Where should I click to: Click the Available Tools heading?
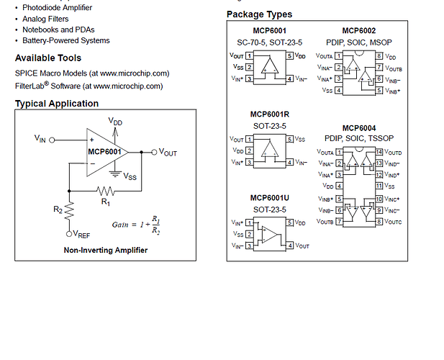[48, 58]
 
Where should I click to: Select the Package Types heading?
[259, 14]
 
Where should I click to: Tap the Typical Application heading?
[57, 104]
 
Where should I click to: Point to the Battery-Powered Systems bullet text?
[65, 41]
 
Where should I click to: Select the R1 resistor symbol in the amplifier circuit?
[106, 191]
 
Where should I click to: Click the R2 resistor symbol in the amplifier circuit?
[69, 210]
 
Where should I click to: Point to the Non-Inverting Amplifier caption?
[105, 250]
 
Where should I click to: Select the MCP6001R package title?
[270, 114]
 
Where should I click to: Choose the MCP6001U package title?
[270, 198]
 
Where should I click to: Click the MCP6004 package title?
[359, 127]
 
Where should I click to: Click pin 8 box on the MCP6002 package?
[379, 55]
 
